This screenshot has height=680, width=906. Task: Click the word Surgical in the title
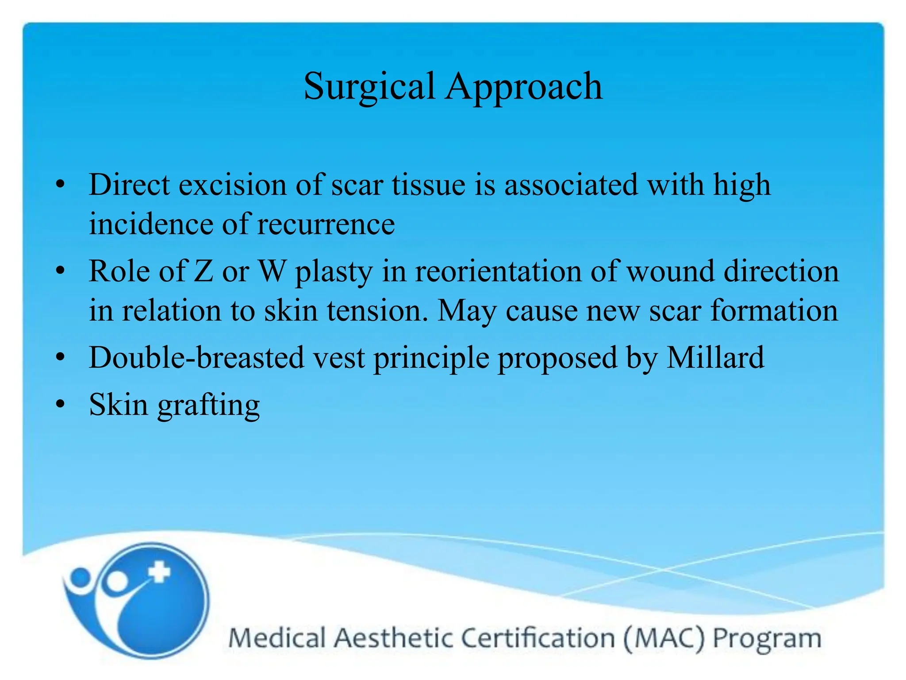369,87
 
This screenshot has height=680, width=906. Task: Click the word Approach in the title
524,87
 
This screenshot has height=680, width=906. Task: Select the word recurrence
326,224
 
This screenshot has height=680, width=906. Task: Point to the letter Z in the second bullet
203,271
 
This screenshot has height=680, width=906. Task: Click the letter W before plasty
271,271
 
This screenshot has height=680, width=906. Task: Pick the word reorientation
498,271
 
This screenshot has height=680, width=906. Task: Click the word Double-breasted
196,357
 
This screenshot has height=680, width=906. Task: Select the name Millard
715,357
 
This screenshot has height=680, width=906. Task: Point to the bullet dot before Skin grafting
61,404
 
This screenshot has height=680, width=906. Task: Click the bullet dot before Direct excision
61,185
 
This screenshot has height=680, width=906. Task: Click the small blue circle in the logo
80,577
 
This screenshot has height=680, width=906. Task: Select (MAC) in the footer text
664,639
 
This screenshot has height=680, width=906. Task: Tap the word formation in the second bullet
774,310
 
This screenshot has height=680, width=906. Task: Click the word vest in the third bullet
339,357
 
